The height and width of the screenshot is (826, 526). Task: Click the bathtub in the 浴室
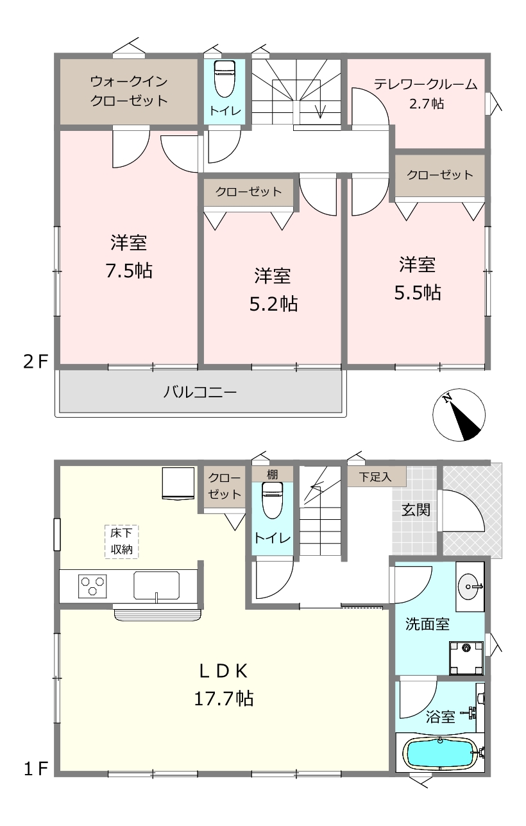pyautogui.click(x=441, y=753)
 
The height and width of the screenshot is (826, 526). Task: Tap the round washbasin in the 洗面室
pyautogui.click(x=470, y=587)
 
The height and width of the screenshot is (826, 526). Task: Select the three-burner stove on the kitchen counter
pyautogui.click(x=92, y=586)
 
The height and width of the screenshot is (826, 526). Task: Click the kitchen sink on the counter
pyautogui.click(x=157, y=585)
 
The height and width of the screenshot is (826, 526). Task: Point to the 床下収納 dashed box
pyautogui.click(x=121, y=541)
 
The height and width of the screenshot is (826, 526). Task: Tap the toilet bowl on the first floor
pyautogui.click(x=273, y=501)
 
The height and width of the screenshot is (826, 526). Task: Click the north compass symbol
pyautogui.click(x=459, y=415)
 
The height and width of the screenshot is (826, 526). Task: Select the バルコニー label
pyautogui.click(x=199, y=391)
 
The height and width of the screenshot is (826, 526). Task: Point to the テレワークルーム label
pyautogui.click(x=426, y=85)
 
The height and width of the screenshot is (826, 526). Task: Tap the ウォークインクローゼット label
pyautogui.click(x=129, y=90)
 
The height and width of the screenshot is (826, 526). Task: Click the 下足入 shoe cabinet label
pyautogui.click(x=375, y=477)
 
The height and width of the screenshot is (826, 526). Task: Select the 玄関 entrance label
pyautogui.click(x=416, y=510)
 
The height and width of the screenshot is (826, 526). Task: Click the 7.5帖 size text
pyautogui.click(x=129, y=271)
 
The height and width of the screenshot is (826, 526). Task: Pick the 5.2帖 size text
pyautogui.click(x=273, y=304)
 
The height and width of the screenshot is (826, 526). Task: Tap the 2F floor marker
pyautogui.click(x=36, y=362)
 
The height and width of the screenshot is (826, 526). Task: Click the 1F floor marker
pyautogui.click(x=36, y=769)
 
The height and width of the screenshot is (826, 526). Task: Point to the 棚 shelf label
pyautogui.click(x=273, y=474)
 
